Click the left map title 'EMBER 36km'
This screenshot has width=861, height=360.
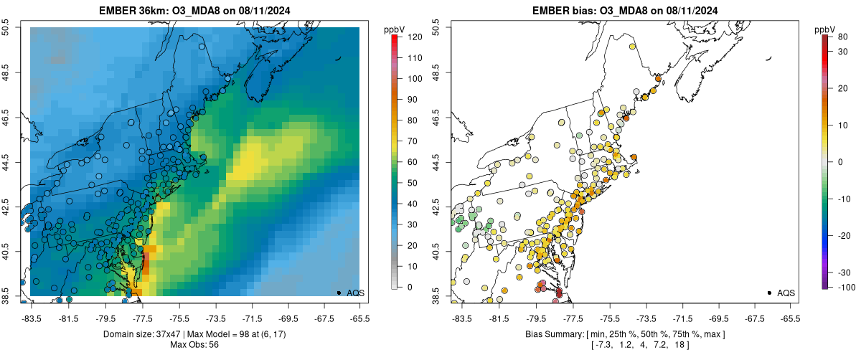tap(134, 10)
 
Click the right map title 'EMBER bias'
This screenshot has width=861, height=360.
tap(560, 10)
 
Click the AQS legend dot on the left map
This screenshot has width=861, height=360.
tap(339, 293)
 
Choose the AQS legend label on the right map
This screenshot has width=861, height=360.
tap(786, 293)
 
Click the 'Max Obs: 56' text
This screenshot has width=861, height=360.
tap(194, 345)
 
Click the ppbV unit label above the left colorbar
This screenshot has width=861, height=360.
tap(394, 29)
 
